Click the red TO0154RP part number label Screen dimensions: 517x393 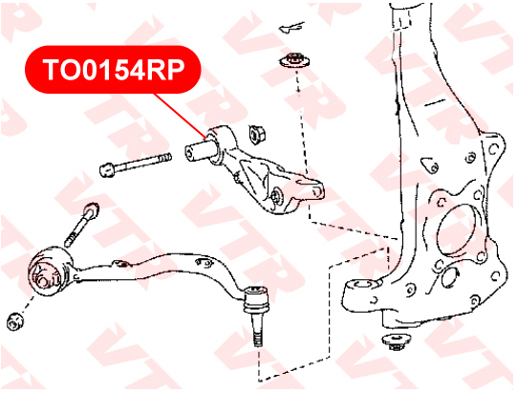(113, 69)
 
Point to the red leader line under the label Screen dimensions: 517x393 (181, 115)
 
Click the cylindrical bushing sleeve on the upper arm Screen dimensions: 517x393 (199, 151)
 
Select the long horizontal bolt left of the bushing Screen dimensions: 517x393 (135, 164)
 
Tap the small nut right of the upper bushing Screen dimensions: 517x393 (258, 134)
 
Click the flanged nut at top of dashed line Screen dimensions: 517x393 (294, 60)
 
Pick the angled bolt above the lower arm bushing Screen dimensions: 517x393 (82, 225)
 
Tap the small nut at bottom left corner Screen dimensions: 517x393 (15, 321)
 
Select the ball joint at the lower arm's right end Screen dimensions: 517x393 (255, 300)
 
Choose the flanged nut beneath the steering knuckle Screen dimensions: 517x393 (397, 342)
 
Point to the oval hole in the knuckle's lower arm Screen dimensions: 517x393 (364, 285)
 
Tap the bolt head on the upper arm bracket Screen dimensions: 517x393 (276, 196)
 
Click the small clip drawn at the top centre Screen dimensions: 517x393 (291, 27)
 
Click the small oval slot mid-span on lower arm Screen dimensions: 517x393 (204, 262)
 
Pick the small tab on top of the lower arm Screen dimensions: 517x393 (120, 263)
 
